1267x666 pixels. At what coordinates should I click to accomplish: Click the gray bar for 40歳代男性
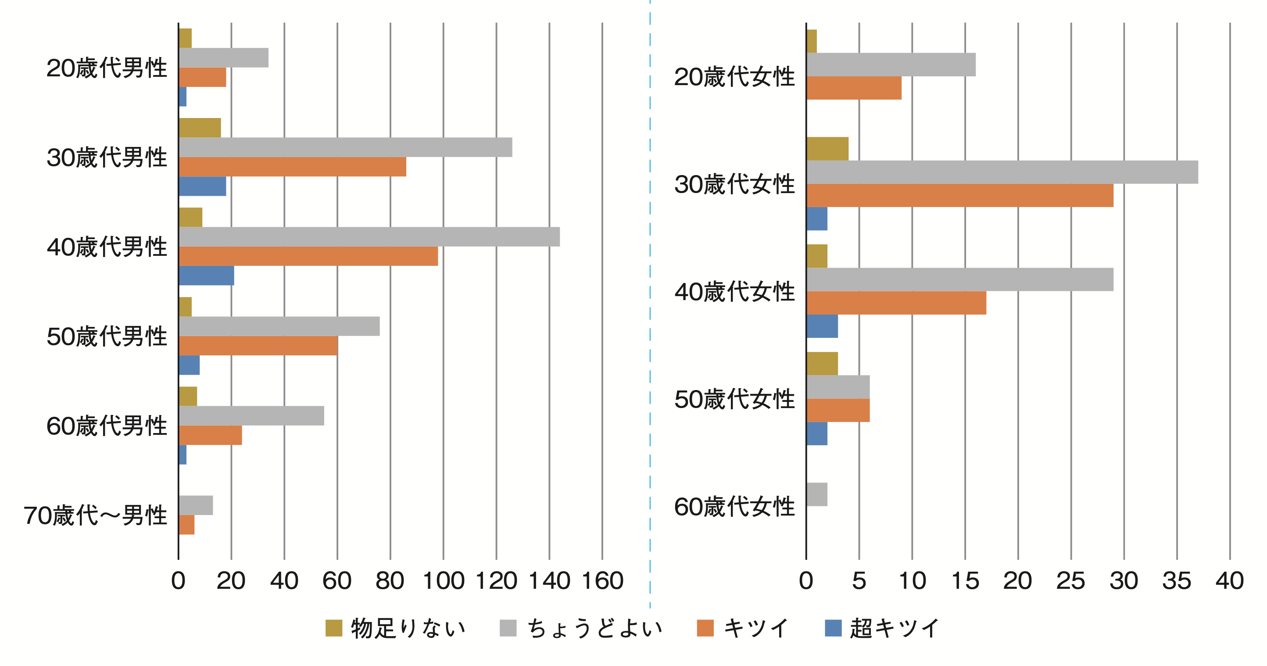tap(369, 236)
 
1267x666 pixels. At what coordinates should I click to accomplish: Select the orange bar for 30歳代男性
tap(292, 167)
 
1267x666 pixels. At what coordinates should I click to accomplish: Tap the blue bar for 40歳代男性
tap(206, 276)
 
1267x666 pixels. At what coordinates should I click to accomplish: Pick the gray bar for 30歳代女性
tap(1002, 172)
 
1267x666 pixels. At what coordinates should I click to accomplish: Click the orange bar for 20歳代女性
tap(854, 88)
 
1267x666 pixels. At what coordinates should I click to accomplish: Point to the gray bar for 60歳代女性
tap(817, 494)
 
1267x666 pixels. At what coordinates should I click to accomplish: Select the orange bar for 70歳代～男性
tap(186, 525)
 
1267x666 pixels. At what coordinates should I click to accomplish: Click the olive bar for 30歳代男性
tap(200, 128)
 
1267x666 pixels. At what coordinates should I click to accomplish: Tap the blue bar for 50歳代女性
tap(817, 434)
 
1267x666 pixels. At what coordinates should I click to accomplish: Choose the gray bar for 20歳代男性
tap(223, 57)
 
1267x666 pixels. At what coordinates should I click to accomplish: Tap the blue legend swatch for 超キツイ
tap(833, 628)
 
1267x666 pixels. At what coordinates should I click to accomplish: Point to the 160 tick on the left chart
tap(602, 581)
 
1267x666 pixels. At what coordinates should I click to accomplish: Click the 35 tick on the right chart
tap(1177, 581)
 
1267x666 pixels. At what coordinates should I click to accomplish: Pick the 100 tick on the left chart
tap(443, 581)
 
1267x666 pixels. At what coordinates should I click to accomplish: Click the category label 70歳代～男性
tap(95, 516)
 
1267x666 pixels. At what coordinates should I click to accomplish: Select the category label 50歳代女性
tap(734, 399)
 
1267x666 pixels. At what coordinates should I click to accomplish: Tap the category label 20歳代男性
tap(107, 68)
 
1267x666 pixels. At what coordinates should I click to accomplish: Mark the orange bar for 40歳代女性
tap(896, 303)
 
